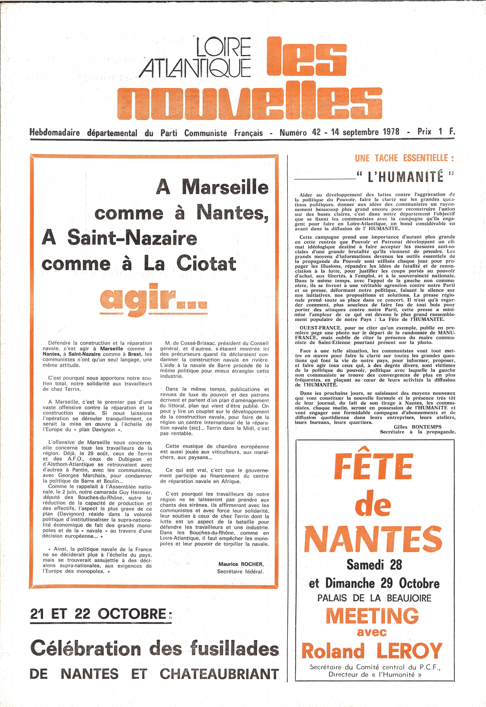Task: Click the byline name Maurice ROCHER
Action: [x=241, y=564]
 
